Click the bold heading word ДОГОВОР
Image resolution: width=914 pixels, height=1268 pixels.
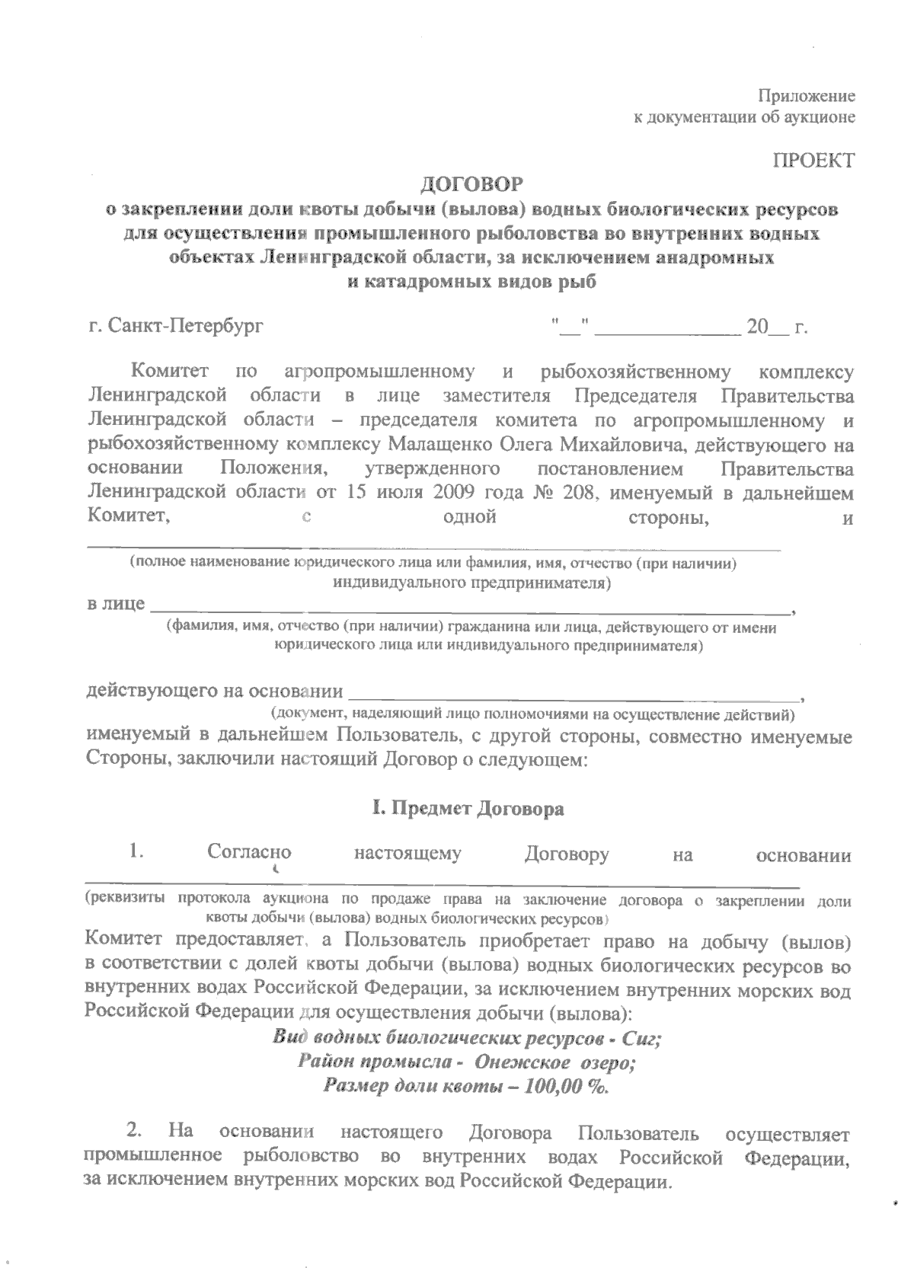tap(472, 184)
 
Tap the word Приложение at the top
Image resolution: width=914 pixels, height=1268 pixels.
tap(807, 96)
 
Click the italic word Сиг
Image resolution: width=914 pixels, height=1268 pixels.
tap(640, 1039)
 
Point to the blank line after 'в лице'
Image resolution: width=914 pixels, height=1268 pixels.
tap(469, 609)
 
